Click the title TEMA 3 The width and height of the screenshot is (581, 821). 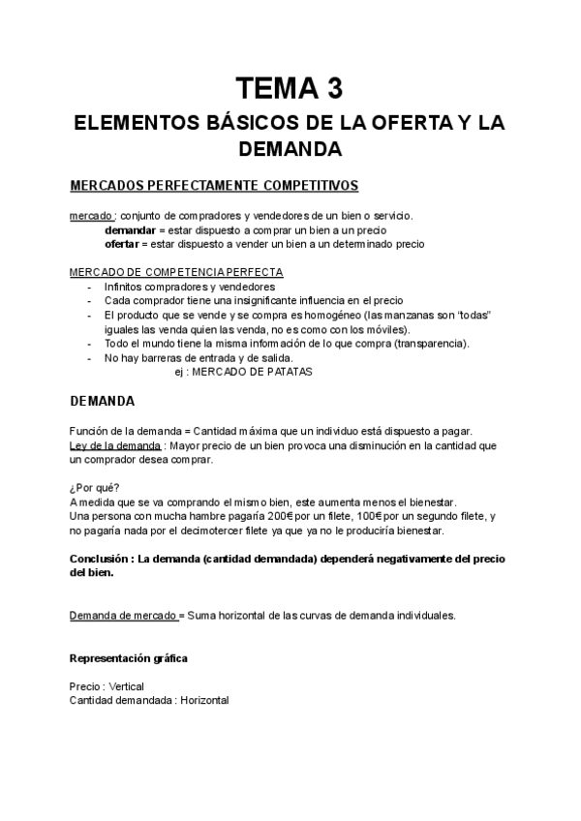290,90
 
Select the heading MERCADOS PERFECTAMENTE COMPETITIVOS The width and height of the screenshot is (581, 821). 214,184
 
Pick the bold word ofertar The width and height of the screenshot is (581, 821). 125,244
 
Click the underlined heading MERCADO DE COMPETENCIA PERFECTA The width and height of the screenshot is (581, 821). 176,273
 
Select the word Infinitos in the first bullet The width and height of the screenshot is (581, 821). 126,288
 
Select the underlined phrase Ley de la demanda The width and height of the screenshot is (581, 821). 115,445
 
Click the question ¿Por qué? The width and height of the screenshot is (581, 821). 94,488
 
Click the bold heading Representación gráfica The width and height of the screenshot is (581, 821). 129,658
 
